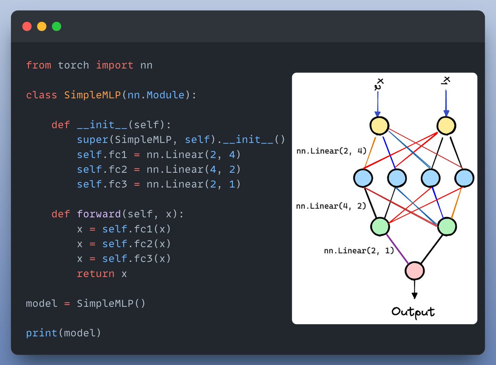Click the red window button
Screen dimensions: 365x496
(27, 26)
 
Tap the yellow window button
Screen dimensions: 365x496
(42, 26)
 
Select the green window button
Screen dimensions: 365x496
(57, 26)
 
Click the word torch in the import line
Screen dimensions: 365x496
(73, 65)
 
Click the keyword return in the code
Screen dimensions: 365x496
(95, 274)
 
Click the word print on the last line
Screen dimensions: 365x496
(42, 333)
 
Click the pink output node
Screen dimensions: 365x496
(415, 271)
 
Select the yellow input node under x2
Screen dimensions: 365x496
(379, 126)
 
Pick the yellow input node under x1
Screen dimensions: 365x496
(446, 126)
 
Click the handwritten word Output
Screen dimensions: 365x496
(413, 311)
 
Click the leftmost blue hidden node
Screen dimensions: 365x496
(363, 178)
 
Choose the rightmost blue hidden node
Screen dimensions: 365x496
(464, 178)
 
